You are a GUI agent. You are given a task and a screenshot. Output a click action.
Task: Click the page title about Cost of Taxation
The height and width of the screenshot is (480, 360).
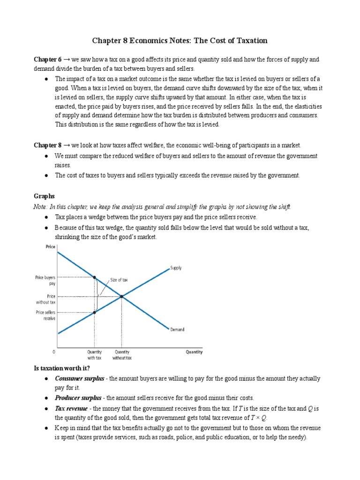tap(180, 41)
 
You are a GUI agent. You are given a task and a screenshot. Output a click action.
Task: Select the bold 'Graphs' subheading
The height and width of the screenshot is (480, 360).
tap(45, 196)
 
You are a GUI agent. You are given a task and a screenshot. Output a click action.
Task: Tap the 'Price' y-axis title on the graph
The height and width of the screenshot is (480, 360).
tap(50, 247)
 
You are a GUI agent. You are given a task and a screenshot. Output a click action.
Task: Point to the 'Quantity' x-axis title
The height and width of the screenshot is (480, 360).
tap(194, 352)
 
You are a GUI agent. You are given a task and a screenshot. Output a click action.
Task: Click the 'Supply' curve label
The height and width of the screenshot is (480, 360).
tap(176, 268)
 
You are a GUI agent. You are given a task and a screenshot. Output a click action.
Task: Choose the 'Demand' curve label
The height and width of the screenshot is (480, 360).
tap(177, 330)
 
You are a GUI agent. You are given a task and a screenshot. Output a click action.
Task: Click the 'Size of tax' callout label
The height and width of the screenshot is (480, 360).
tap(119, 280)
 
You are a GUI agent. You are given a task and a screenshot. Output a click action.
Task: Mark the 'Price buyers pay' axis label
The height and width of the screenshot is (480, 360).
tap(45, 280)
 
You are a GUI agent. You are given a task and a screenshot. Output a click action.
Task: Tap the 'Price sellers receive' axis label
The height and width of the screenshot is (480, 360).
tap(45, 315)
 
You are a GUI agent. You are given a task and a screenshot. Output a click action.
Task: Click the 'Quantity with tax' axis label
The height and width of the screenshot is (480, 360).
tap(94, 355)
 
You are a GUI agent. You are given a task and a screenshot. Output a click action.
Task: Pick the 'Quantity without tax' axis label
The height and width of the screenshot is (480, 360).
tap(122, 355)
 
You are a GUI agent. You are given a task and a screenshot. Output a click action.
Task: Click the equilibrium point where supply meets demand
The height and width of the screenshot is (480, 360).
tap(122, 296)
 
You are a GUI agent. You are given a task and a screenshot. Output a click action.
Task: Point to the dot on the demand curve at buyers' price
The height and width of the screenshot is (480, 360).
tap(95, 277)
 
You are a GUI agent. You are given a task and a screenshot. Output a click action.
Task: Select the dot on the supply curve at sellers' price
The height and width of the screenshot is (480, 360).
tap(95, 312)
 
